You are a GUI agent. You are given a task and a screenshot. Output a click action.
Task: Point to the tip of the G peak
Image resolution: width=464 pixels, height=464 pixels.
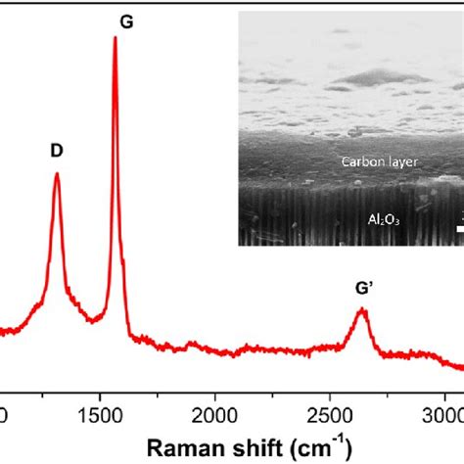[x=116, y=38]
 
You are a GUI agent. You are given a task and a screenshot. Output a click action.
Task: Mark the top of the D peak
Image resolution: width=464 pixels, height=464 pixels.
[x=57, y=174]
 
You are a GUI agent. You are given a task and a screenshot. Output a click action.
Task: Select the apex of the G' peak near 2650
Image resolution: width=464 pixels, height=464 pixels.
[x=362, y=309]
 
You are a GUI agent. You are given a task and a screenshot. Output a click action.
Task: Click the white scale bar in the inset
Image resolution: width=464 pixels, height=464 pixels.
[x=459, y=231]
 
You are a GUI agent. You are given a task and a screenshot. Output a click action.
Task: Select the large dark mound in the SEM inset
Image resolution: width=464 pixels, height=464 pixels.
[x=367, y=76]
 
